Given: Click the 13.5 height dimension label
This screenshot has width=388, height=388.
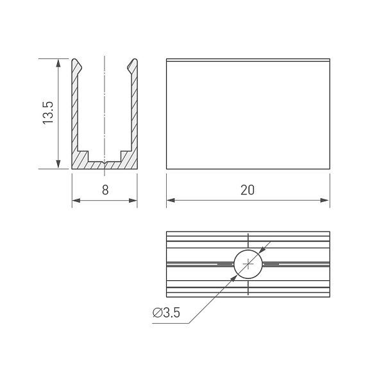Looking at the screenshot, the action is pyautogui.click(x=48, y=113).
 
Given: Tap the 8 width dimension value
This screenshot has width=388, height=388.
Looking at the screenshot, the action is pyautogui.click(x=105, y=190).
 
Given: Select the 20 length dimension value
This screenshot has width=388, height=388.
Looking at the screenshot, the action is pyautogui.click(x=248, y=190).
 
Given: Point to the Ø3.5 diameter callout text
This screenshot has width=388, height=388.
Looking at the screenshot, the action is pyautogui.click(x=166, y=312).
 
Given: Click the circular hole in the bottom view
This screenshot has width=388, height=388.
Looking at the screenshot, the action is pyautogui.click(x=248, y=264).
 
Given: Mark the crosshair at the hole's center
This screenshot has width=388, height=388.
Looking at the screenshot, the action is pyautogui.click(x=248, y=264).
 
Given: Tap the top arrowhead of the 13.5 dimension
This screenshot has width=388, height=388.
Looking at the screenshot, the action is pyautogui.click(x=58, y=63).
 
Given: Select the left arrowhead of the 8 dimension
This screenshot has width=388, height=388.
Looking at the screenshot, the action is pyautogui.click(x=76, y=200).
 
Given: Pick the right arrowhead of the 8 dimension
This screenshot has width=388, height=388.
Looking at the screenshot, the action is pyautogui.click(x=133, y=200).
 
